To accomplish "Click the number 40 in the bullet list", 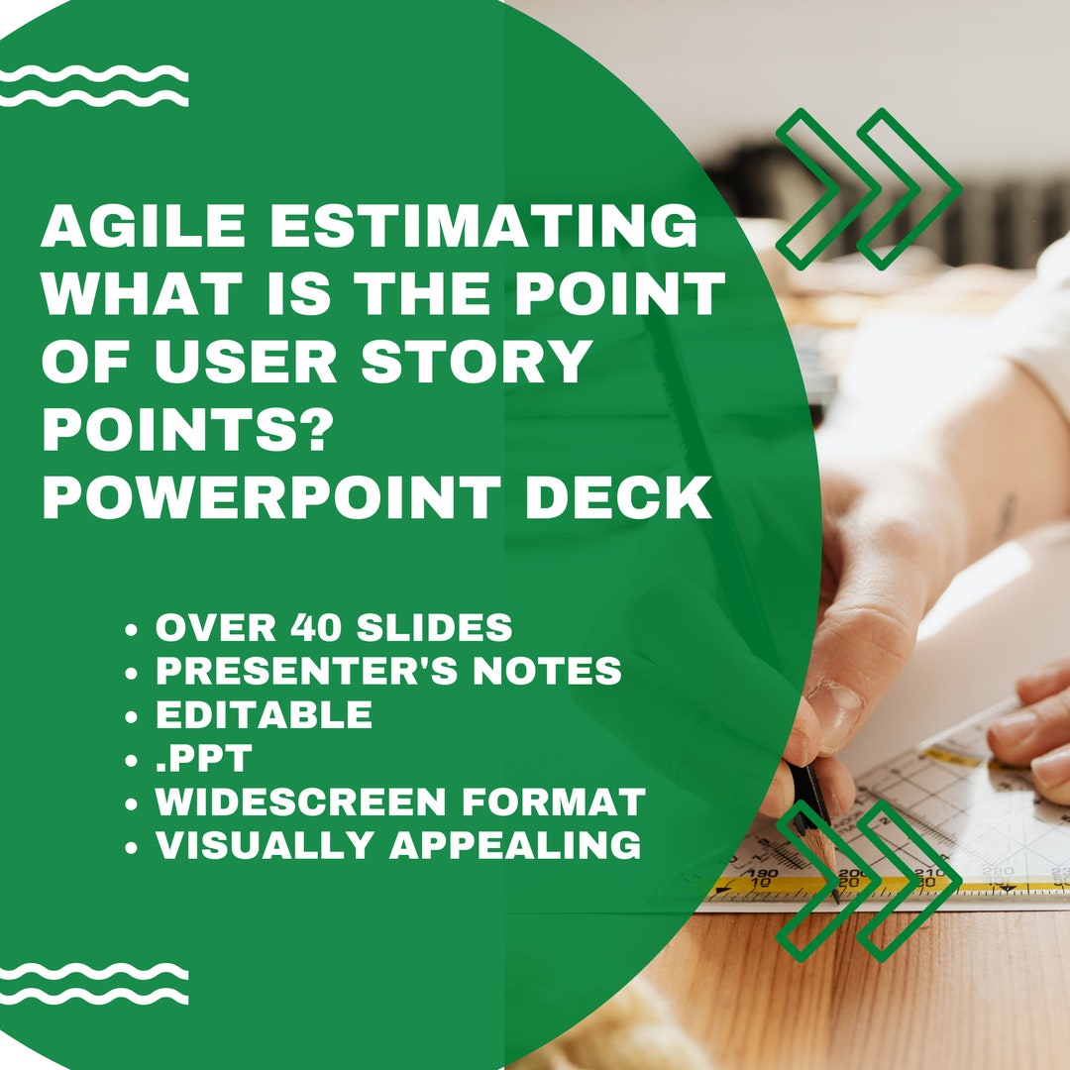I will [320, 627].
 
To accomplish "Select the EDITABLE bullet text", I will [264, 714].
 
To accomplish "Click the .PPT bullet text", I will [204, 758].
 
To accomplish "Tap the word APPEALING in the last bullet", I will [514, 845].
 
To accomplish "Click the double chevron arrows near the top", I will [868, 188].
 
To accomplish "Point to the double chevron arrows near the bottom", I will [868, 880].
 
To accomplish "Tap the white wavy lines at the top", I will [94, 86].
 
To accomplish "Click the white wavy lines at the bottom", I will [94, 983].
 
